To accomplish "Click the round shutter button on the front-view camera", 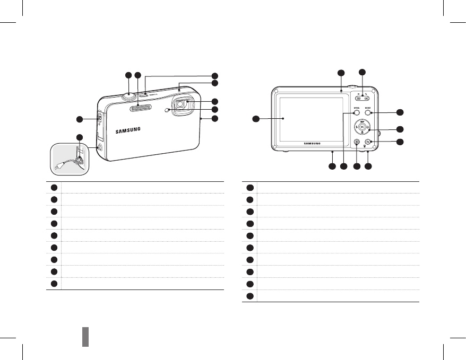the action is (x=129, y=95).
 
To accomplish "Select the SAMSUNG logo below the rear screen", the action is (x=315, y=143).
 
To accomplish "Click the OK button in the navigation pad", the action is (x=362, y=127).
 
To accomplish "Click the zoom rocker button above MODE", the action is (x=363, y=98).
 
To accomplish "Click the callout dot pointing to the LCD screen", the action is (x=256, y=119).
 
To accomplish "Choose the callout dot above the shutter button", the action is (x=128, y=75).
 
